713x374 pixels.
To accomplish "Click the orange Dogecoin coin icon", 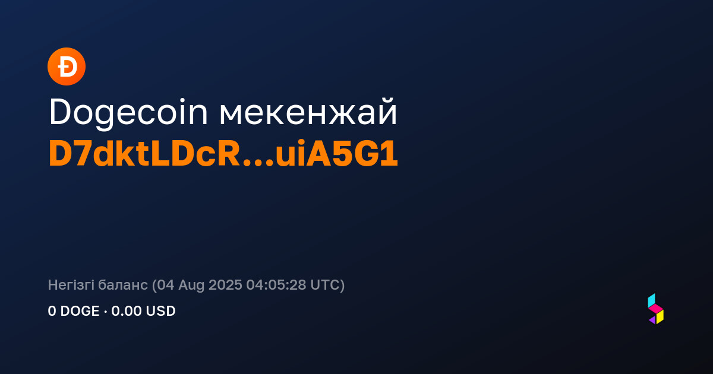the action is click(x=67, y=66).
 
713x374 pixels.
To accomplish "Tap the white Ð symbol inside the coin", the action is click(x=67, y=66).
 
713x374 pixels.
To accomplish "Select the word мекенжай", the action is click(x=308, y=112).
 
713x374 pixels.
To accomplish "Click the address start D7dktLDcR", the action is click(x=144, y=154).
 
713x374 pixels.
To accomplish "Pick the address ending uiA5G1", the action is click(x=337, y=154).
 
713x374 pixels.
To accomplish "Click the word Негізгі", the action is click(x=71, y=286).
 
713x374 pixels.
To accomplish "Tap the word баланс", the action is click(x=123, y=286).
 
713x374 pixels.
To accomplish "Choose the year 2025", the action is click(x=225, y=285).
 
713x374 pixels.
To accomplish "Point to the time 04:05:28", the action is click(x=276, y=285).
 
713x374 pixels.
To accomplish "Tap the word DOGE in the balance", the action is click(x=80, y=311).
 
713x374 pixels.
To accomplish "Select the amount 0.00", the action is click(x=127, y=311).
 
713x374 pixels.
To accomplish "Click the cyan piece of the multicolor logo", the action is click(x=651, y=300).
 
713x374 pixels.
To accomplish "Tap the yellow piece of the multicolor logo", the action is click(x=660, y=317).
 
